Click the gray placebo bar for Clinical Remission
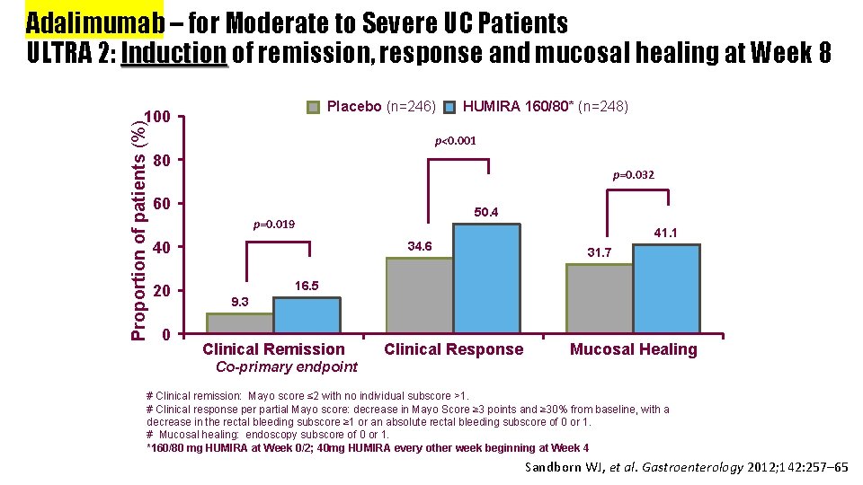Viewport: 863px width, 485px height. (x=240, y=323)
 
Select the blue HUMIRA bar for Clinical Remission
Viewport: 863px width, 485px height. (x=307, y=316)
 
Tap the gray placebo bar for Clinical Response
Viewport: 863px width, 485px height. (x=419, y=295)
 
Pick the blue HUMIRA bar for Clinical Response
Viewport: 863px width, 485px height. (x=486, y=278)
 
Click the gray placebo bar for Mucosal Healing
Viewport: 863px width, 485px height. (x=600, y=299)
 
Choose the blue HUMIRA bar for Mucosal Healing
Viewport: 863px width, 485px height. (x=666, y=289)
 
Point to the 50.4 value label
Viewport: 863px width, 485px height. (x=485, y=213)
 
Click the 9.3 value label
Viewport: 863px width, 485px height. (x=239, y=302)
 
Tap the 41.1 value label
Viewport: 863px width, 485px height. (x=665, y=233)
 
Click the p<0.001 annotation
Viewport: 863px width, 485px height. (x=456, y=141)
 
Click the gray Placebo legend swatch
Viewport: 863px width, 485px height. (x=314, y=108)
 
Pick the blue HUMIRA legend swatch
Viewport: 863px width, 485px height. (x=452, y=108)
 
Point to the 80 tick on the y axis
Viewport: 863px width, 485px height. (x=162, y=161)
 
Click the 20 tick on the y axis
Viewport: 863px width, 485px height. (x=162, y=291)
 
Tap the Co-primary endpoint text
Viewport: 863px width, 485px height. (x=287, y=366)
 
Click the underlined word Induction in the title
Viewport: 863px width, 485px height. (x=174, y=54)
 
